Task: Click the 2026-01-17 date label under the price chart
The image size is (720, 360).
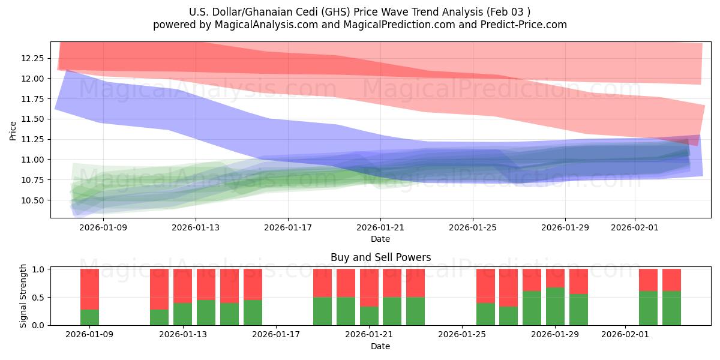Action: [x=288, y=227]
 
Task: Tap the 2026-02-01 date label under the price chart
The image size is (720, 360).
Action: [x=635, y=227]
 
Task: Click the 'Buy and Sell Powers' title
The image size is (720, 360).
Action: [x=380, y=257]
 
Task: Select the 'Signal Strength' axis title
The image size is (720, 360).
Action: [x=23, y=296]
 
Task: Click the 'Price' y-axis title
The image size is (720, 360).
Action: [x=13, y=130]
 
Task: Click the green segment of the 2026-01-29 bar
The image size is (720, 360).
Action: [x=556, y=307]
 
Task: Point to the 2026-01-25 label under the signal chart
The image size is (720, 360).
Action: [x=463, y=334]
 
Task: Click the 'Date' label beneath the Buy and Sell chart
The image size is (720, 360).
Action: [x=380, y=346]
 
